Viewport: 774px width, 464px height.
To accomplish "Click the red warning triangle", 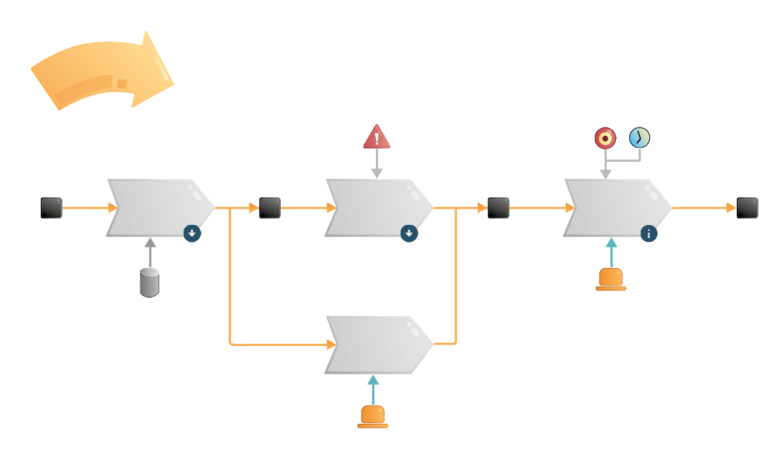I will coord(377,138).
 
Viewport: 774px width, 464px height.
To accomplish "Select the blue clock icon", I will coord(640,137).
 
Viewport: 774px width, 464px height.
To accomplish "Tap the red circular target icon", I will coord(605,137).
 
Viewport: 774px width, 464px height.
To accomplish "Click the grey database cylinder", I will coord(150,283).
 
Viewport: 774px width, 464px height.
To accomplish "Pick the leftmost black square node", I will coord(51,208).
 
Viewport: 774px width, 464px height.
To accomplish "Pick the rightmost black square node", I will coord(747,208).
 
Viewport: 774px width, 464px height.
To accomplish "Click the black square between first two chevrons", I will coord(270,208).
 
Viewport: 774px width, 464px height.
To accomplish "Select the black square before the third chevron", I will coord(498,208).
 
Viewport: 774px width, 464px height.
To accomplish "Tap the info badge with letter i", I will coord(649,234).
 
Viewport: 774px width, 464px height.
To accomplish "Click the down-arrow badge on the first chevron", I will coord(192,234).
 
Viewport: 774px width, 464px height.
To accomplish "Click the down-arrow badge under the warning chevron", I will coord(409,234).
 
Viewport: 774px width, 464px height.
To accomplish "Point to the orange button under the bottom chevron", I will coord(373,416).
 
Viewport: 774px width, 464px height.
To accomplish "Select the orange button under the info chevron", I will coord(611,279).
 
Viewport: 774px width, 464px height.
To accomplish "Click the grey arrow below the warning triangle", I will coord(377,163).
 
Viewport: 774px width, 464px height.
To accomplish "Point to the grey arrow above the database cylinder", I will coord(150,252).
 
